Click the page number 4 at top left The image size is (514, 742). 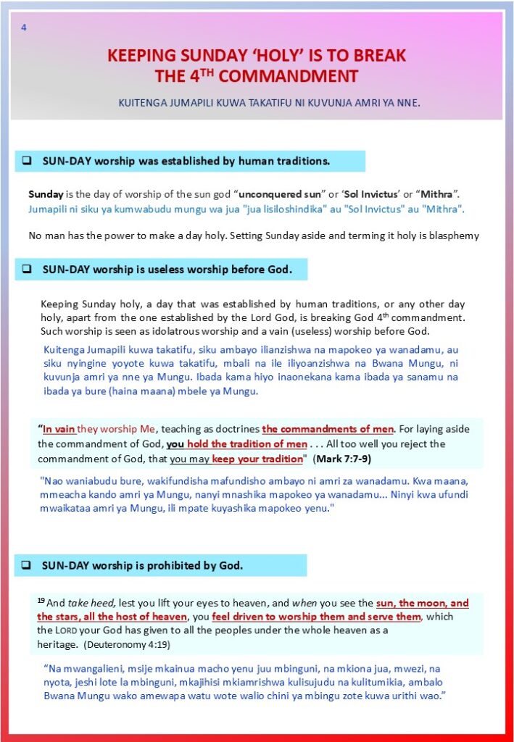(x=24, y=28)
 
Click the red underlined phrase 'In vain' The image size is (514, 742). (x=59, y=429)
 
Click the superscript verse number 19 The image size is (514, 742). (x=41, y=601)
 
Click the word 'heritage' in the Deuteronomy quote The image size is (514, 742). (x=57, y=644)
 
